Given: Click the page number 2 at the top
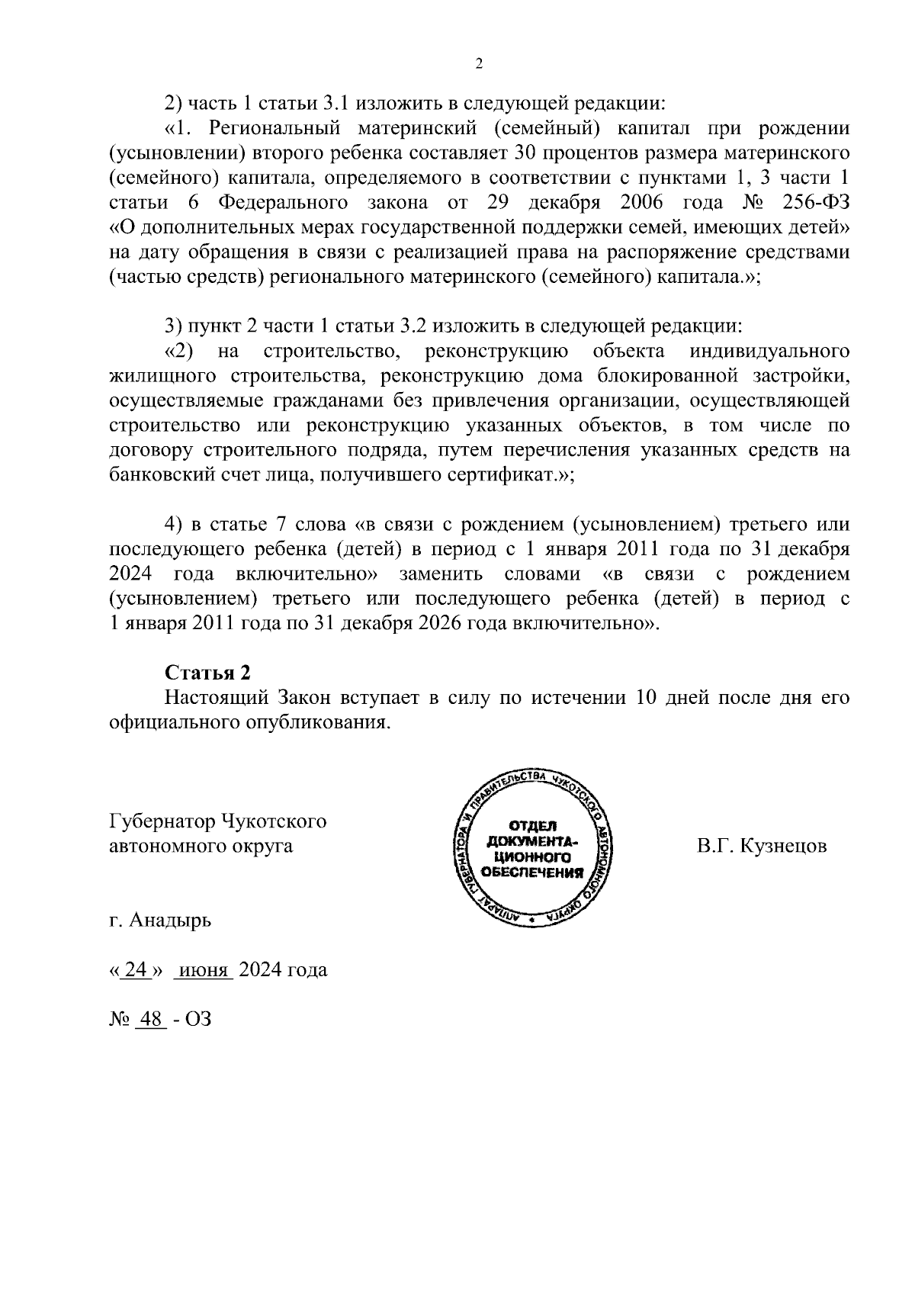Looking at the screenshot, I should pos(479,64).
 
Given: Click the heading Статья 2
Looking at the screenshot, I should pos(207,673).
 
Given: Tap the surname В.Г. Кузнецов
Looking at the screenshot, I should pos(761,847).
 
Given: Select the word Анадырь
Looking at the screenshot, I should pos(170,920).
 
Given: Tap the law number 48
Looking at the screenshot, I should pos(150,1020).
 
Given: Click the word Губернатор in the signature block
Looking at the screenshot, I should pos(162,821).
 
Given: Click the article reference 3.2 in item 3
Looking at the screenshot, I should pos(419,326).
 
